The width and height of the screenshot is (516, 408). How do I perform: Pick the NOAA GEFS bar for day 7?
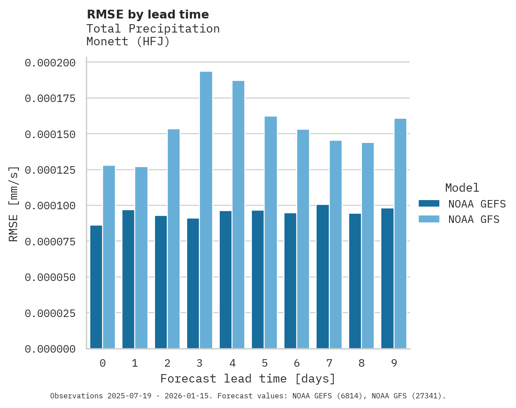pos(323,277)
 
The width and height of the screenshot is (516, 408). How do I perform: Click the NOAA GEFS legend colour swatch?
pos(429,204)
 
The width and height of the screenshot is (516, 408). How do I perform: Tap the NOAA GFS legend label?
pos(474,219)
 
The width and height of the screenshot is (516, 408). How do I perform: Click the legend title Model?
pos(462,188)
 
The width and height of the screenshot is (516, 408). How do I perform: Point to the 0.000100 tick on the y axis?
pos(50,206)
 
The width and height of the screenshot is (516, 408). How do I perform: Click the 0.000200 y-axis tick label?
pos(50,63)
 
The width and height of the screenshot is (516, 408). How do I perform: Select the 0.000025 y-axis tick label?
pos(50,313)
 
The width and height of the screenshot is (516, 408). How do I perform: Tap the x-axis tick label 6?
pos(297,363)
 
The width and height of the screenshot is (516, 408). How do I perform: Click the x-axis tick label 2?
pos(167,363)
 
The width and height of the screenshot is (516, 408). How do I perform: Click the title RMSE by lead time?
pos(147,15)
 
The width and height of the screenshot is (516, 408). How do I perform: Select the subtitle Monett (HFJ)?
pos(128,42)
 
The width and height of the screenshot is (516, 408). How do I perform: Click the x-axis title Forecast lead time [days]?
pos(248,379)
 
